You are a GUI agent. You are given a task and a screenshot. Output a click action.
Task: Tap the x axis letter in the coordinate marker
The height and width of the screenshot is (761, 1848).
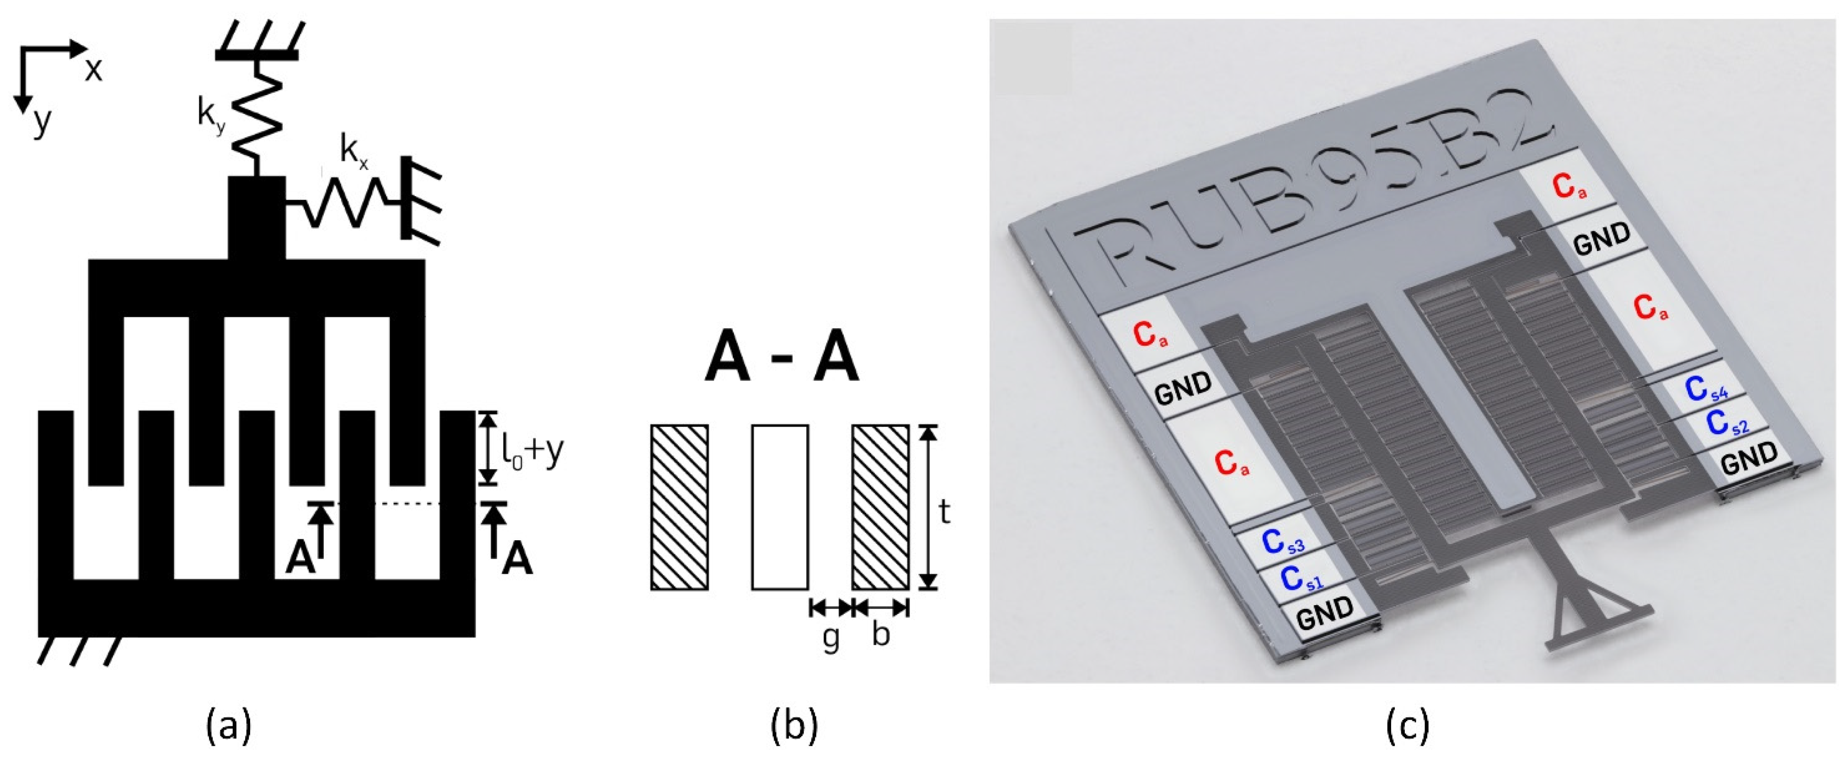point(93,69)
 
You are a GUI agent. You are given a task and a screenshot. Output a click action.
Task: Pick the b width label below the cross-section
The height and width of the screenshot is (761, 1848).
point(881,634)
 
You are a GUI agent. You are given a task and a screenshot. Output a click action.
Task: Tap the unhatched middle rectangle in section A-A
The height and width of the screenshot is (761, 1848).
point(780,507)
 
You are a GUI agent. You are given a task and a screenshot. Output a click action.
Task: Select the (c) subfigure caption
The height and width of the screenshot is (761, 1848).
point(1406,726)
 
